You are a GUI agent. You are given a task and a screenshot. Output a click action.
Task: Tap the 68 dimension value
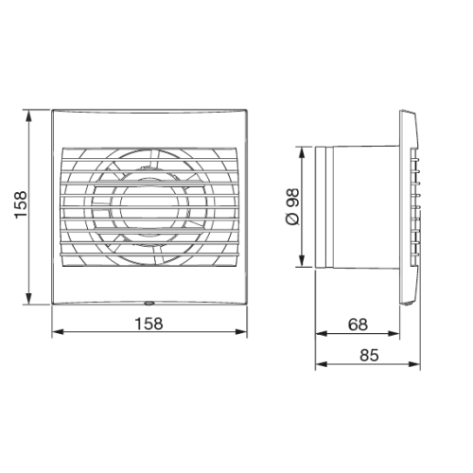pos(358,324)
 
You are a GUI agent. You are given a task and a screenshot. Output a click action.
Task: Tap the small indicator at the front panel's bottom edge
pos(149,304)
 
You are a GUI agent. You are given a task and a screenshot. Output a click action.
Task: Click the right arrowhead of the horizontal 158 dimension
pos(244,333)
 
